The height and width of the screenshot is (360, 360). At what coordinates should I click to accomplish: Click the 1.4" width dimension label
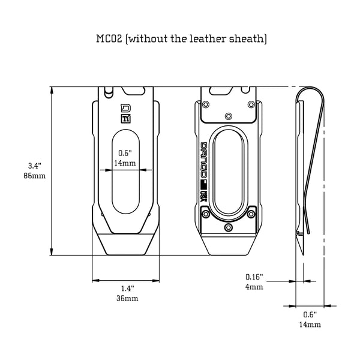pos(127,288)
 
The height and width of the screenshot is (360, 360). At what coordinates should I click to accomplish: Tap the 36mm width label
pos(127,298)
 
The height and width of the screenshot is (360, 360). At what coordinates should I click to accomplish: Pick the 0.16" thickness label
pos(254,277)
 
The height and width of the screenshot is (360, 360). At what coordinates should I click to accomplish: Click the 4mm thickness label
pos(254,287)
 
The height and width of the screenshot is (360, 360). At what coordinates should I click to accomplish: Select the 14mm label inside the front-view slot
pos(126,163)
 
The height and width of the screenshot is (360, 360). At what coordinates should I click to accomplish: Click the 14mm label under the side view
pos(310,324)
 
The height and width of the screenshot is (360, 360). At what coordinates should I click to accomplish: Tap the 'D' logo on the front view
pos(126,109)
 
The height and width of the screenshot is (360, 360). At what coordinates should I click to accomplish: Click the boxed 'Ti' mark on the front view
pos(126,119)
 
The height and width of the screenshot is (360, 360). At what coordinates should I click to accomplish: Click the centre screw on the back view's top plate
pos(228,115)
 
